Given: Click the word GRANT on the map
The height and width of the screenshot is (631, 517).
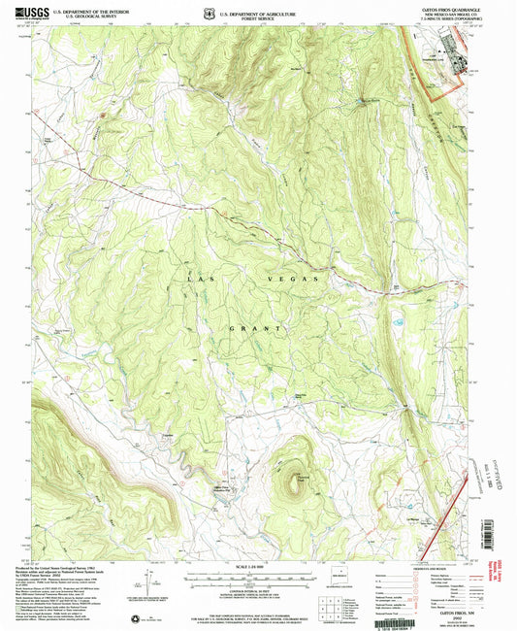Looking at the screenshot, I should tap(257, 329).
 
